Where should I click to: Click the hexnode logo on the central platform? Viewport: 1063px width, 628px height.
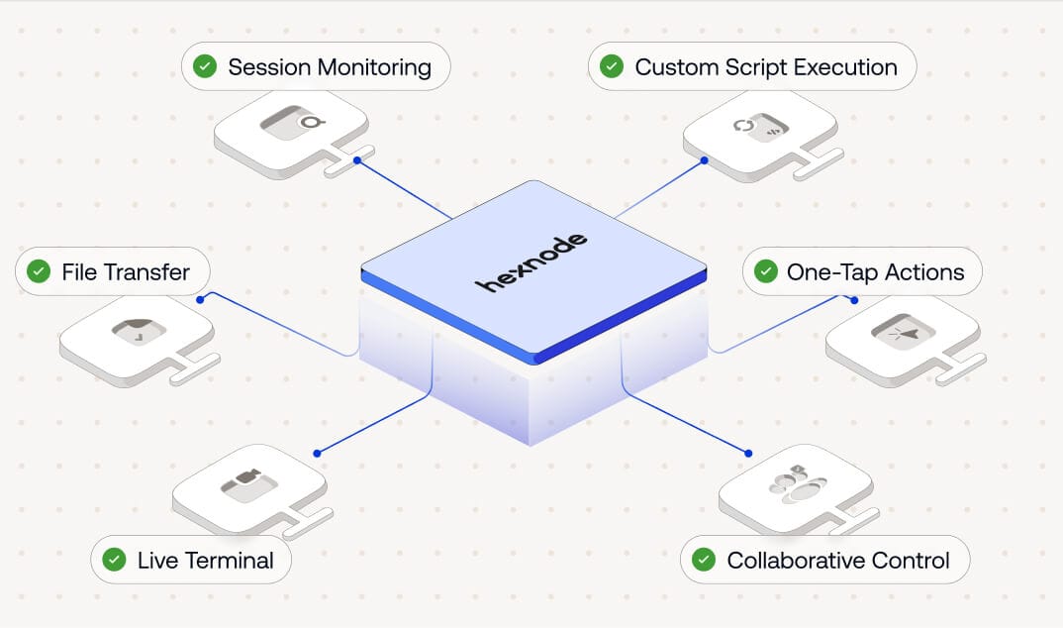(531, 263)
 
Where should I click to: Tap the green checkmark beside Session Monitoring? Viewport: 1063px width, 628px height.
(205, 67)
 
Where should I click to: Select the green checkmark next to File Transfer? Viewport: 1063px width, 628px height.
(39, 271)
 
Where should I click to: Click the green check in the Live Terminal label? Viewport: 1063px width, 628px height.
(115, 560)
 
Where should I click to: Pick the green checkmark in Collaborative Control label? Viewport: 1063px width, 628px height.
(704, 560)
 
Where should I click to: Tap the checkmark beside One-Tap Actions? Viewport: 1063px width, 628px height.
(765, 271)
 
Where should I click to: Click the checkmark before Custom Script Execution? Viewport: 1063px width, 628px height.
(612, 67)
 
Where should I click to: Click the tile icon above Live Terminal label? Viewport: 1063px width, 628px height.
(247, 483)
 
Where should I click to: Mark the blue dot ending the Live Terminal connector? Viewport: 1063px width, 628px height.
(317, 453)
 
